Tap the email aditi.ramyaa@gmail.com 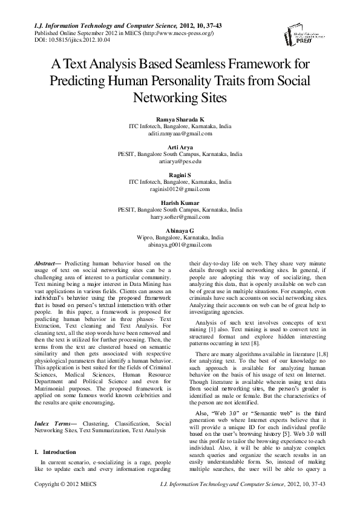[180, 136]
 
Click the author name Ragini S [180, 174]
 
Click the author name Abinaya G [180, 230]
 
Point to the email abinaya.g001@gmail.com [180, 245]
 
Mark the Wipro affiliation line [180, 238]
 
